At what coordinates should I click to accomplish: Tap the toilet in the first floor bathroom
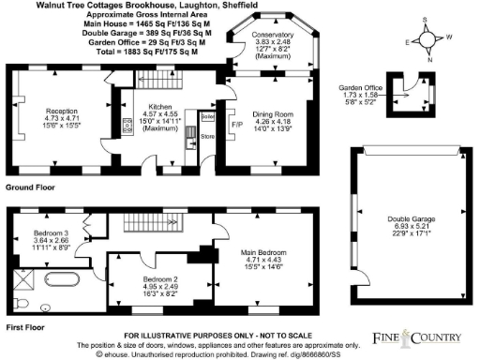coord(47,305)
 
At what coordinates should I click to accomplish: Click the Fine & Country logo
coord(417,337)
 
